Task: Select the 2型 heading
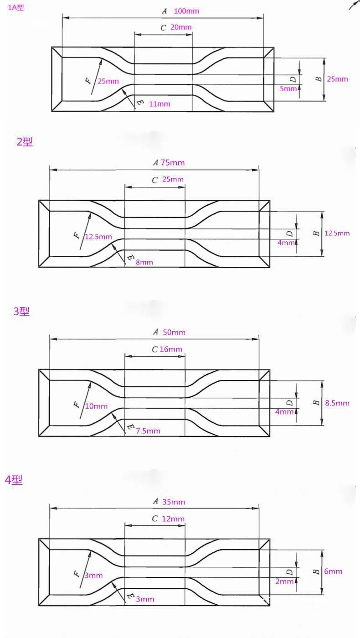point(25,142)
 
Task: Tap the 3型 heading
point(21,312)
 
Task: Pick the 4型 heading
point(14,480)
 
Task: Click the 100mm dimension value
point(186,11)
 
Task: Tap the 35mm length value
point(174,502)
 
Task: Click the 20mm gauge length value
point(181,27)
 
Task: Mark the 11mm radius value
point(159,104)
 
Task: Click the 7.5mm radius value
point(148,431)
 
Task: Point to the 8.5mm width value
point(337,403)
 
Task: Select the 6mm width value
point(333,571)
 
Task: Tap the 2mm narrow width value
point(285,581)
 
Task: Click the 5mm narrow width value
point(288,88)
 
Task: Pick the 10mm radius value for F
point(96,406)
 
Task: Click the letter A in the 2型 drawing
point(155,163)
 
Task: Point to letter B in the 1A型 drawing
point(319,79)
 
